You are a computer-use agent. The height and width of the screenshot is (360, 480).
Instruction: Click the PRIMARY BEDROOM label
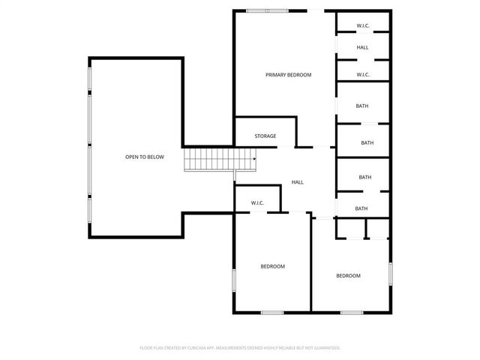[288, 75]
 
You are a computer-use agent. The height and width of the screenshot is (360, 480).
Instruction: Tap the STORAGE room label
[265, 136]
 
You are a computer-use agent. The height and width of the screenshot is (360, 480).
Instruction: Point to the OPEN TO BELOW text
[144, 157]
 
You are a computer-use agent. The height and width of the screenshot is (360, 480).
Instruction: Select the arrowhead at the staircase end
[255, 159]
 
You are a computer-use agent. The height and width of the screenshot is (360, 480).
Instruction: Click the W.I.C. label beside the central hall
[257, 202]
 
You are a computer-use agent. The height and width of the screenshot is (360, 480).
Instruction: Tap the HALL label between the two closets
[362, 47]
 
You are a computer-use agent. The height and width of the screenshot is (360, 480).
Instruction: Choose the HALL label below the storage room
[297, 182]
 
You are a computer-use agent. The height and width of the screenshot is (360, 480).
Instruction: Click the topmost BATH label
[362, 106]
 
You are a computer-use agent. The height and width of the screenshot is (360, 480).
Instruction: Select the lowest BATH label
[361, 208]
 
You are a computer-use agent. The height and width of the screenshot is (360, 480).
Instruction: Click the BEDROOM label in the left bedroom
[272, 266]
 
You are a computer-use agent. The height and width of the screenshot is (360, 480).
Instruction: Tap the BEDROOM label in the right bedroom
[348, 276]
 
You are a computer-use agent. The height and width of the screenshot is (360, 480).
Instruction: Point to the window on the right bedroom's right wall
[390, 273]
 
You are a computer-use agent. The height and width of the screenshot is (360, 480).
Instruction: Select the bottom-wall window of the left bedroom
[271, 312]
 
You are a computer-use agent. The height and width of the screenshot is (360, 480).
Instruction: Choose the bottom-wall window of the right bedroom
[352, 312]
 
